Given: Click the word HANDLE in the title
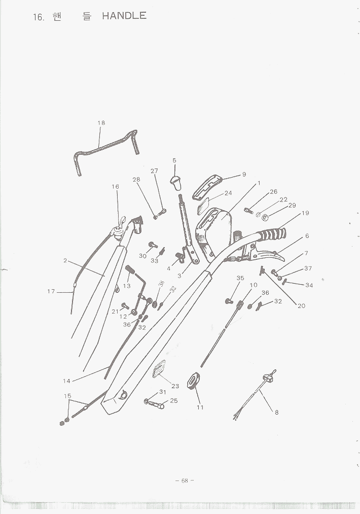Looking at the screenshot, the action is pos(124,16).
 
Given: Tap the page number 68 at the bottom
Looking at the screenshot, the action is pos(185,481).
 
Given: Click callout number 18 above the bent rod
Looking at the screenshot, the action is pos(101,123).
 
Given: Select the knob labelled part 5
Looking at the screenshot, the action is pos(176,183).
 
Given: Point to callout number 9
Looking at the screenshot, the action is pos(244,175).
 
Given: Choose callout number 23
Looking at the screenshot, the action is pos(175,386).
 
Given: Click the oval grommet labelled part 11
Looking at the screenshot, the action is pos(193,381).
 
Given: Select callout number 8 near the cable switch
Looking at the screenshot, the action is pos(277,413).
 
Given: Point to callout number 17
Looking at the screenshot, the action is pos(51,291).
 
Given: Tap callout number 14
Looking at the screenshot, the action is pos(66,381).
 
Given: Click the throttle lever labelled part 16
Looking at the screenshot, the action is pos(118,226).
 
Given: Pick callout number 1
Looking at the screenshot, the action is pos(259,183).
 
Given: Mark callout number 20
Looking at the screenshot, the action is pos(301,306).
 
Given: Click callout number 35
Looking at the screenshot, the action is pos(240,278).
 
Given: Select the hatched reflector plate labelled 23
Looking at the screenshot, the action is pos(159,369).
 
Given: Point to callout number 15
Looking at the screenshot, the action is pos(67,396).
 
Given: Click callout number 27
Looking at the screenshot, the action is pos(154,171).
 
